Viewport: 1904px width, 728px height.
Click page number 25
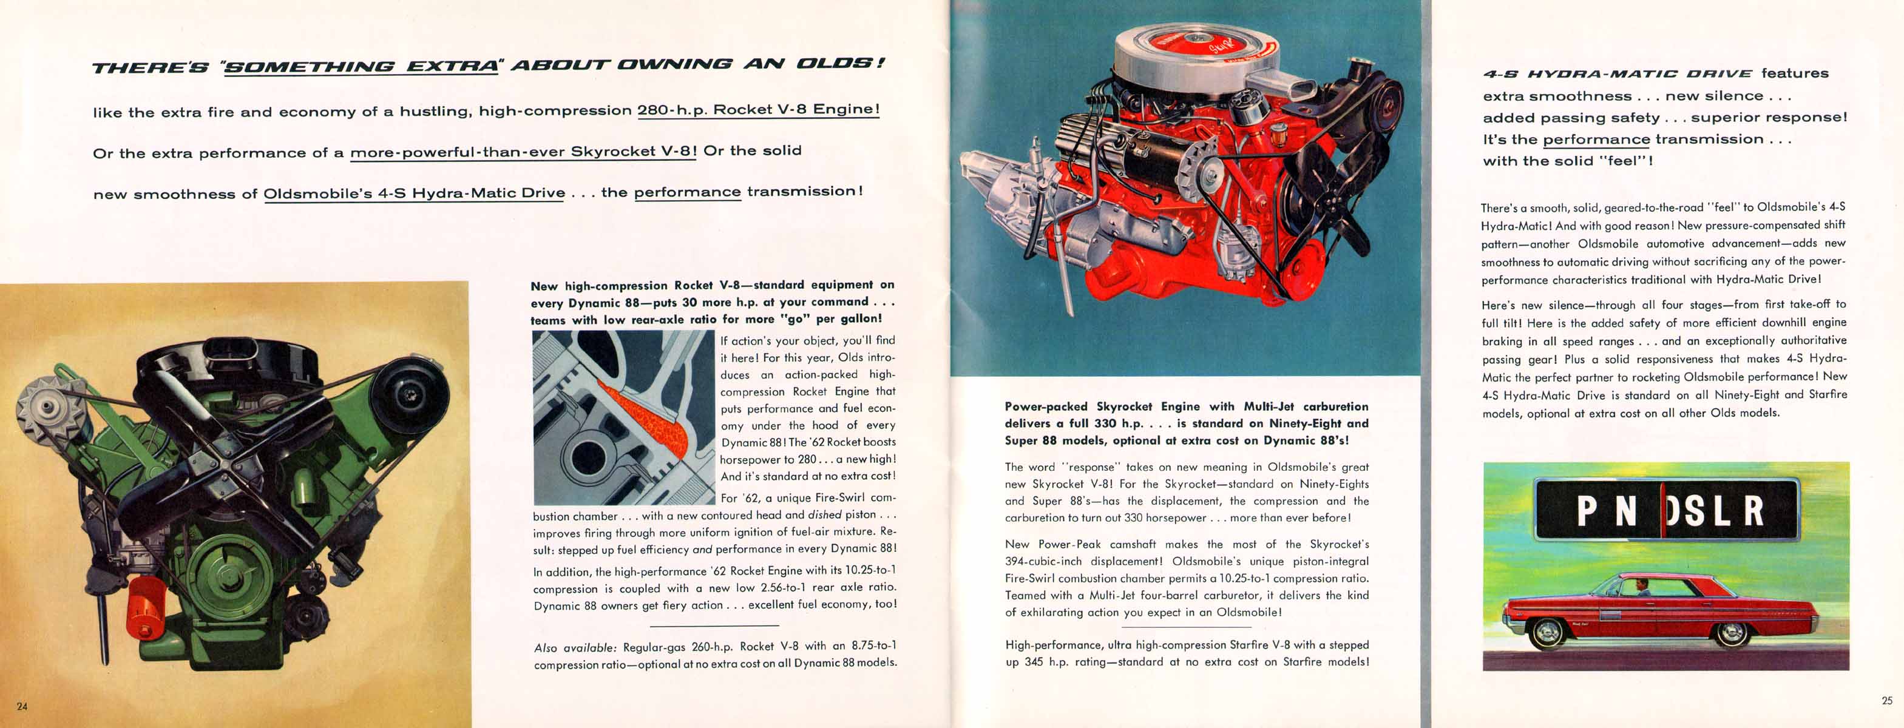click(1886, 701)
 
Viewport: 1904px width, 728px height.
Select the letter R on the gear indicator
click(1754, 511)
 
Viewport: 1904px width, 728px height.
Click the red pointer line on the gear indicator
click(1662, 510)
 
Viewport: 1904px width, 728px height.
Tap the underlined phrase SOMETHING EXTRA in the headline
click(361, 67)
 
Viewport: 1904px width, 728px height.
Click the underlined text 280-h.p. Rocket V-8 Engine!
click(758, 109)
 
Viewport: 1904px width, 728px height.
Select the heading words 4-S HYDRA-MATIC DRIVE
click(1618, 74)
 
